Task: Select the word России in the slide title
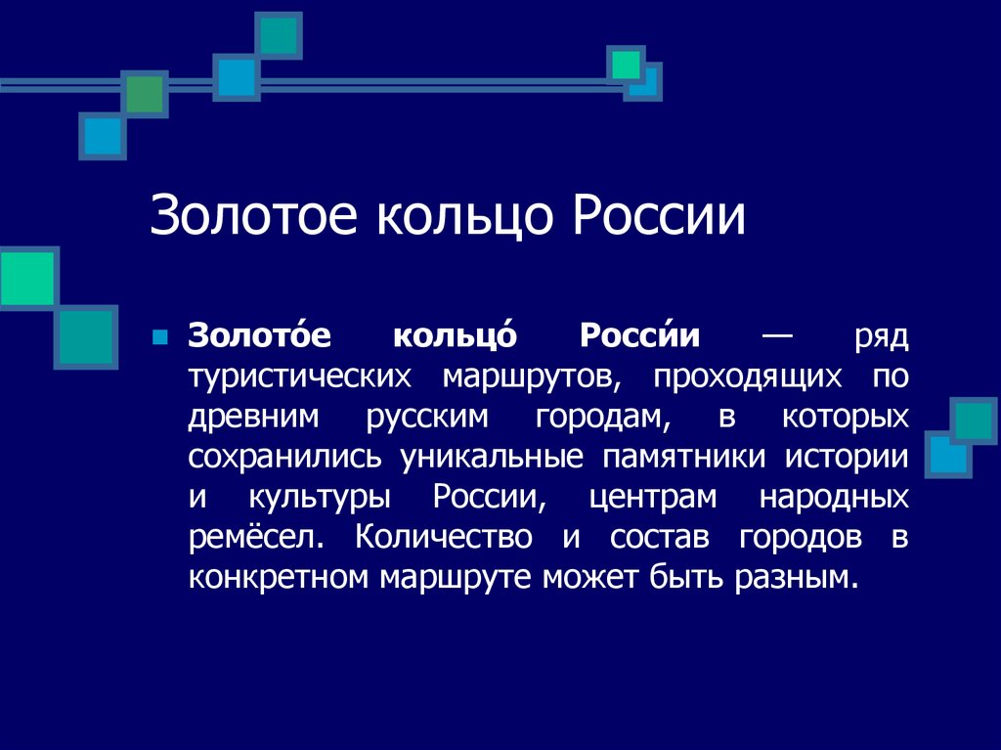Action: coord(659,217)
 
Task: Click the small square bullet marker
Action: coord(162,337)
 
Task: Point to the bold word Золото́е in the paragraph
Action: coord(260,335)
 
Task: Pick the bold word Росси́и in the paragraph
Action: coord(640,335)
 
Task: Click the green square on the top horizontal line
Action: coord(145,94)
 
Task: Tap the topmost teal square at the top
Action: coord(281,34)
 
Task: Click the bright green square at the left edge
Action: coord(25,279)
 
